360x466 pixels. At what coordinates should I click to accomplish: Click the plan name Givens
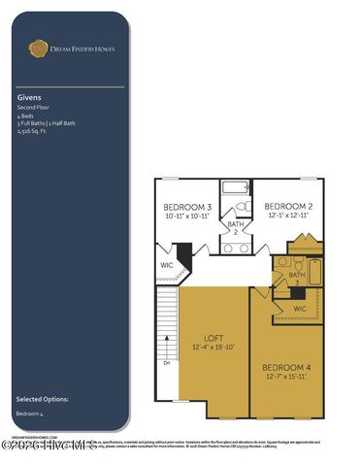28,97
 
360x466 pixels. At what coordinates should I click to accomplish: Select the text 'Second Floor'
32,107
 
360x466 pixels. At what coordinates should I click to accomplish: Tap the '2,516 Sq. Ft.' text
32,132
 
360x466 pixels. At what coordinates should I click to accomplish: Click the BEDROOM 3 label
187,208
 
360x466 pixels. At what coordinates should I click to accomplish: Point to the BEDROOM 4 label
286,366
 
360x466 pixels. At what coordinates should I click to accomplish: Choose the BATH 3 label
297,279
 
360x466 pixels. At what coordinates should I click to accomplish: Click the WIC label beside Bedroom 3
167,263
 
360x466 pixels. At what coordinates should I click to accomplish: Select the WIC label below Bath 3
300,309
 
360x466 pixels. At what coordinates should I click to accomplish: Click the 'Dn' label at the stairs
167,363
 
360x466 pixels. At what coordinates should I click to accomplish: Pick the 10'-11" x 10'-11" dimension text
187,217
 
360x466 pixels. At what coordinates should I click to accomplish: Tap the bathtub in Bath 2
236,187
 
